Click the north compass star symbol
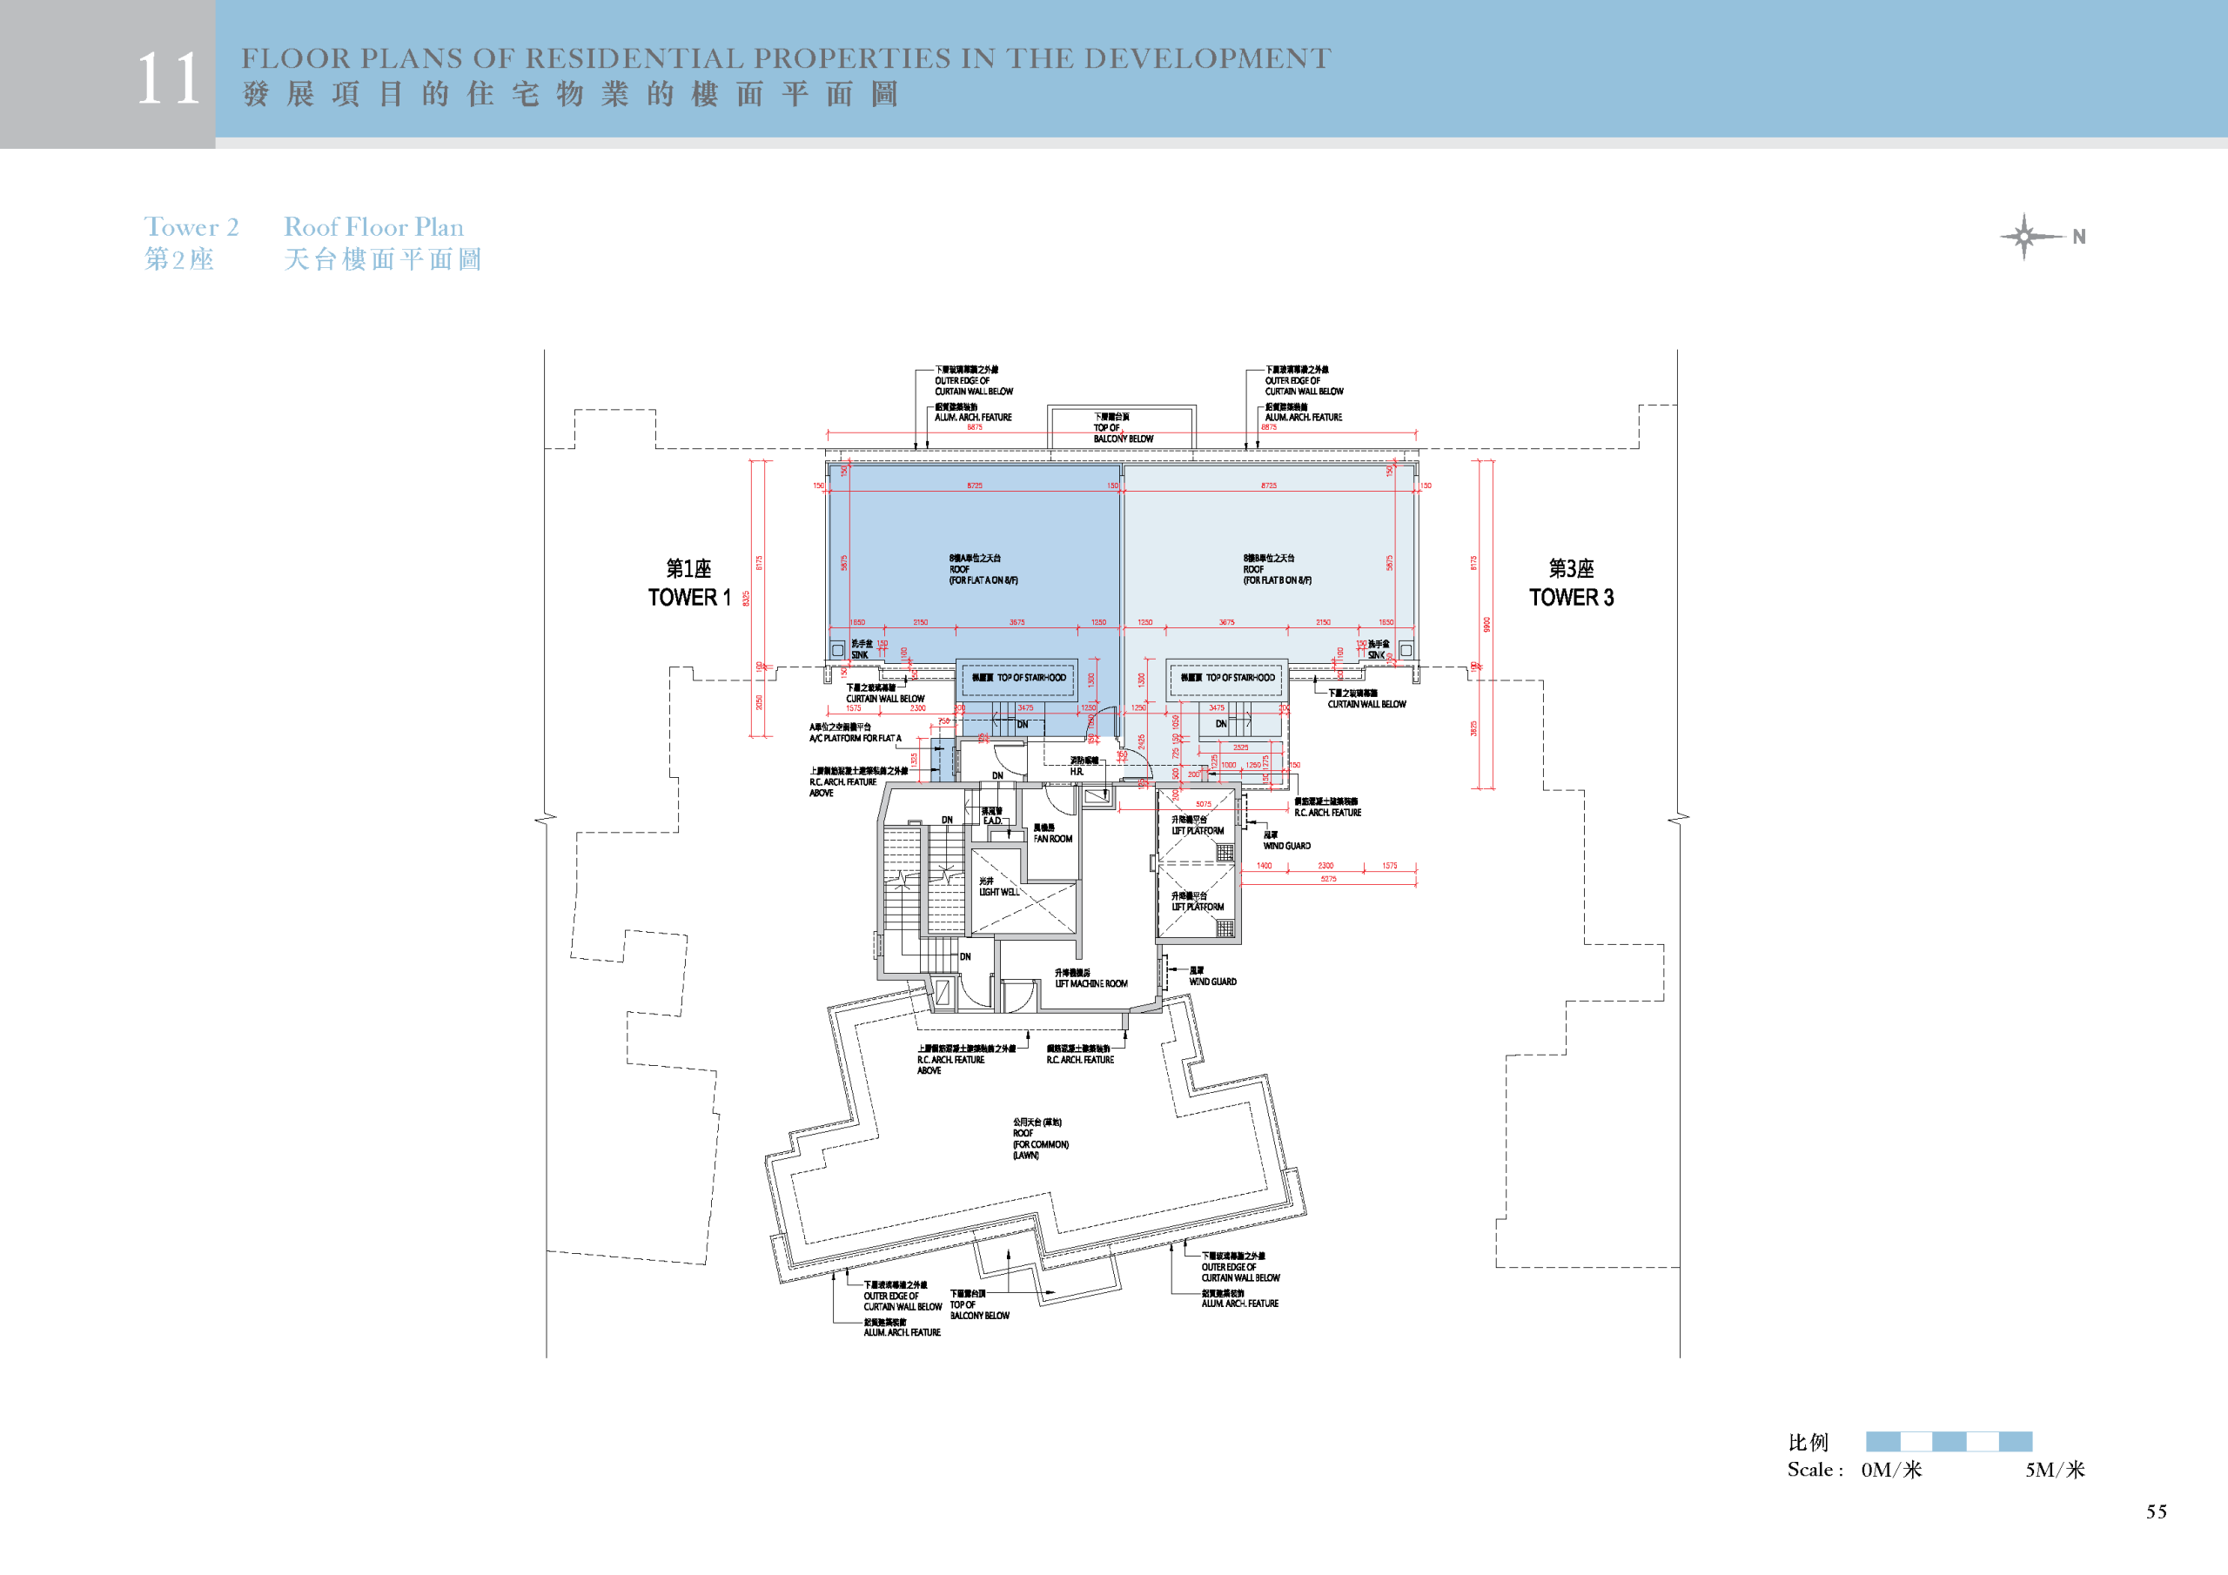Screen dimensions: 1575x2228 tap(2024, 236)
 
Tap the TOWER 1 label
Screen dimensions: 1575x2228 tap(689, 597)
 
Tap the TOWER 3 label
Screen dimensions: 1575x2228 tap(1571, 597)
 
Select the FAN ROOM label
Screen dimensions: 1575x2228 tap(1052, 839)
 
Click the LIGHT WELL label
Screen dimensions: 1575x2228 tap(998, 892)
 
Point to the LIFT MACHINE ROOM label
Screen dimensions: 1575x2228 tap(1091, 983)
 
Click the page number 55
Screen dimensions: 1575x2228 tap(2156, 1511)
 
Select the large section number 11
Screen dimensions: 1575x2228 tap(168, 78)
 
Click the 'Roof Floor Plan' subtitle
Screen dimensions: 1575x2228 tap(373, 227)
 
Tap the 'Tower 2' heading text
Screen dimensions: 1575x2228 tap(191, 227)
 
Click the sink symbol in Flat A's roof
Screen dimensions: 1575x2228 tap(837, 649)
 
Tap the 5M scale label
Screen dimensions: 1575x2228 tap(2054, 1469)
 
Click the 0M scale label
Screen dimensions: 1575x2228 tap(1890, 1469)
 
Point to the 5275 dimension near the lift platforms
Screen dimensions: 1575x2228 tap(1327, 879)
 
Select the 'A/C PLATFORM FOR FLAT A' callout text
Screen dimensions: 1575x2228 tap(855, 739)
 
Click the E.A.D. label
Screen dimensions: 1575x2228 tap(992, 821)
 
